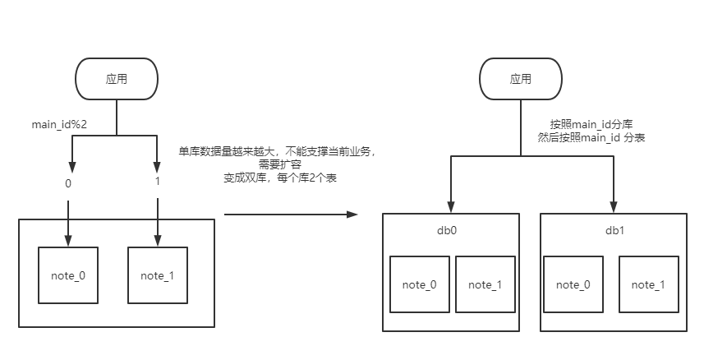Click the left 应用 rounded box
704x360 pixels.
click(x=117, y=80)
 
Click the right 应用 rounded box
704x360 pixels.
click(x=520, y=80)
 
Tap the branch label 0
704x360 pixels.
click(x=68, y=183)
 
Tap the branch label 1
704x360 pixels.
click(x=157, y=183)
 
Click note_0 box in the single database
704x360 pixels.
click(x=68, y=275)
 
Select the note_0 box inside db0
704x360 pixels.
click(x=420, y=284)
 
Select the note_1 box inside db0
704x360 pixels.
click(x=485, y=284)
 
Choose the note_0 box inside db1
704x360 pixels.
click(x=574, y=284)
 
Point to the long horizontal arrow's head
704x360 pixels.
click(x=354, y=215)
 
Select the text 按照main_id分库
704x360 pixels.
click(x=591, y=125)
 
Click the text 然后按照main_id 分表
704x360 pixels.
click(x=591, y=138)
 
